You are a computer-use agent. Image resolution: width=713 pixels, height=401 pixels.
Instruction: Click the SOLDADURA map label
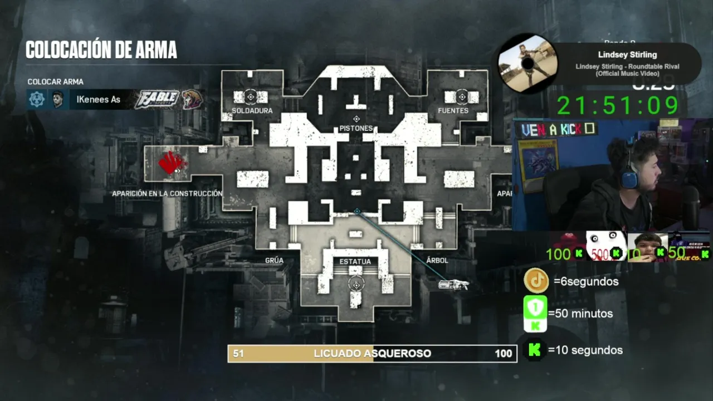point(252,111)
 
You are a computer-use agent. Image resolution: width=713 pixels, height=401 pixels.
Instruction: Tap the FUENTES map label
point(453,111)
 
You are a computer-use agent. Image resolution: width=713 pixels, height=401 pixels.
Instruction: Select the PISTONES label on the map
point(356,129)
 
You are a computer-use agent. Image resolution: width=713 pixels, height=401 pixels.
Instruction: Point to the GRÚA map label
point(274,261)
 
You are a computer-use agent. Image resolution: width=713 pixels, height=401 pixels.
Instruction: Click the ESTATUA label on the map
point(355,262)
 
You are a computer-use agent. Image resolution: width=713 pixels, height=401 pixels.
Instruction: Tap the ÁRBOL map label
point(437,261)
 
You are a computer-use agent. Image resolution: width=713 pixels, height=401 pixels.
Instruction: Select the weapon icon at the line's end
point(453,285)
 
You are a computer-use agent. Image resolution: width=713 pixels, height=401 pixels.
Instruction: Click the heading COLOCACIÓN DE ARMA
point(101,50)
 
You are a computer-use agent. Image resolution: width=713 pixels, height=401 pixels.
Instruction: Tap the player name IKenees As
point(99,100)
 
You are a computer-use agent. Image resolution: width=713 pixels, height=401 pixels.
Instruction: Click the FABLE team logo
point(157,99)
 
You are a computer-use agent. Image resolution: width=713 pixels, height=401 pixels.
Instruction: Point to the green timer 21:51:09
point(618,106)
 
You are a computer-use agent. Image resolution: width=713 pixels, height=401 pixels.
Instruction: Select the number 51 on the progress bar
point(238,354)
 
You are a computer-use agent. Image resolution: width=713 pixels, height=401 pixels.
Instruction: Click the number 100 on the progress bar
point(503,354)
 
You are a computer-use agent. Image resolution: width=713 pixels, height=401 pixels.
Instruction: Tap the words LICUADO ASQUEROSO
point(372,354)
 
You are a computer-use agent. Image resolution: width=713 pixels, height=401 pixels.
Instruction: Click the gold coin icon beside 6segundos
point(536,281)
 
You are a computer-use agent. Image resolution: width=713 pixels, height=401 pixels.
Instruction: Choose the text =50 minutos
point(580,314)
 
